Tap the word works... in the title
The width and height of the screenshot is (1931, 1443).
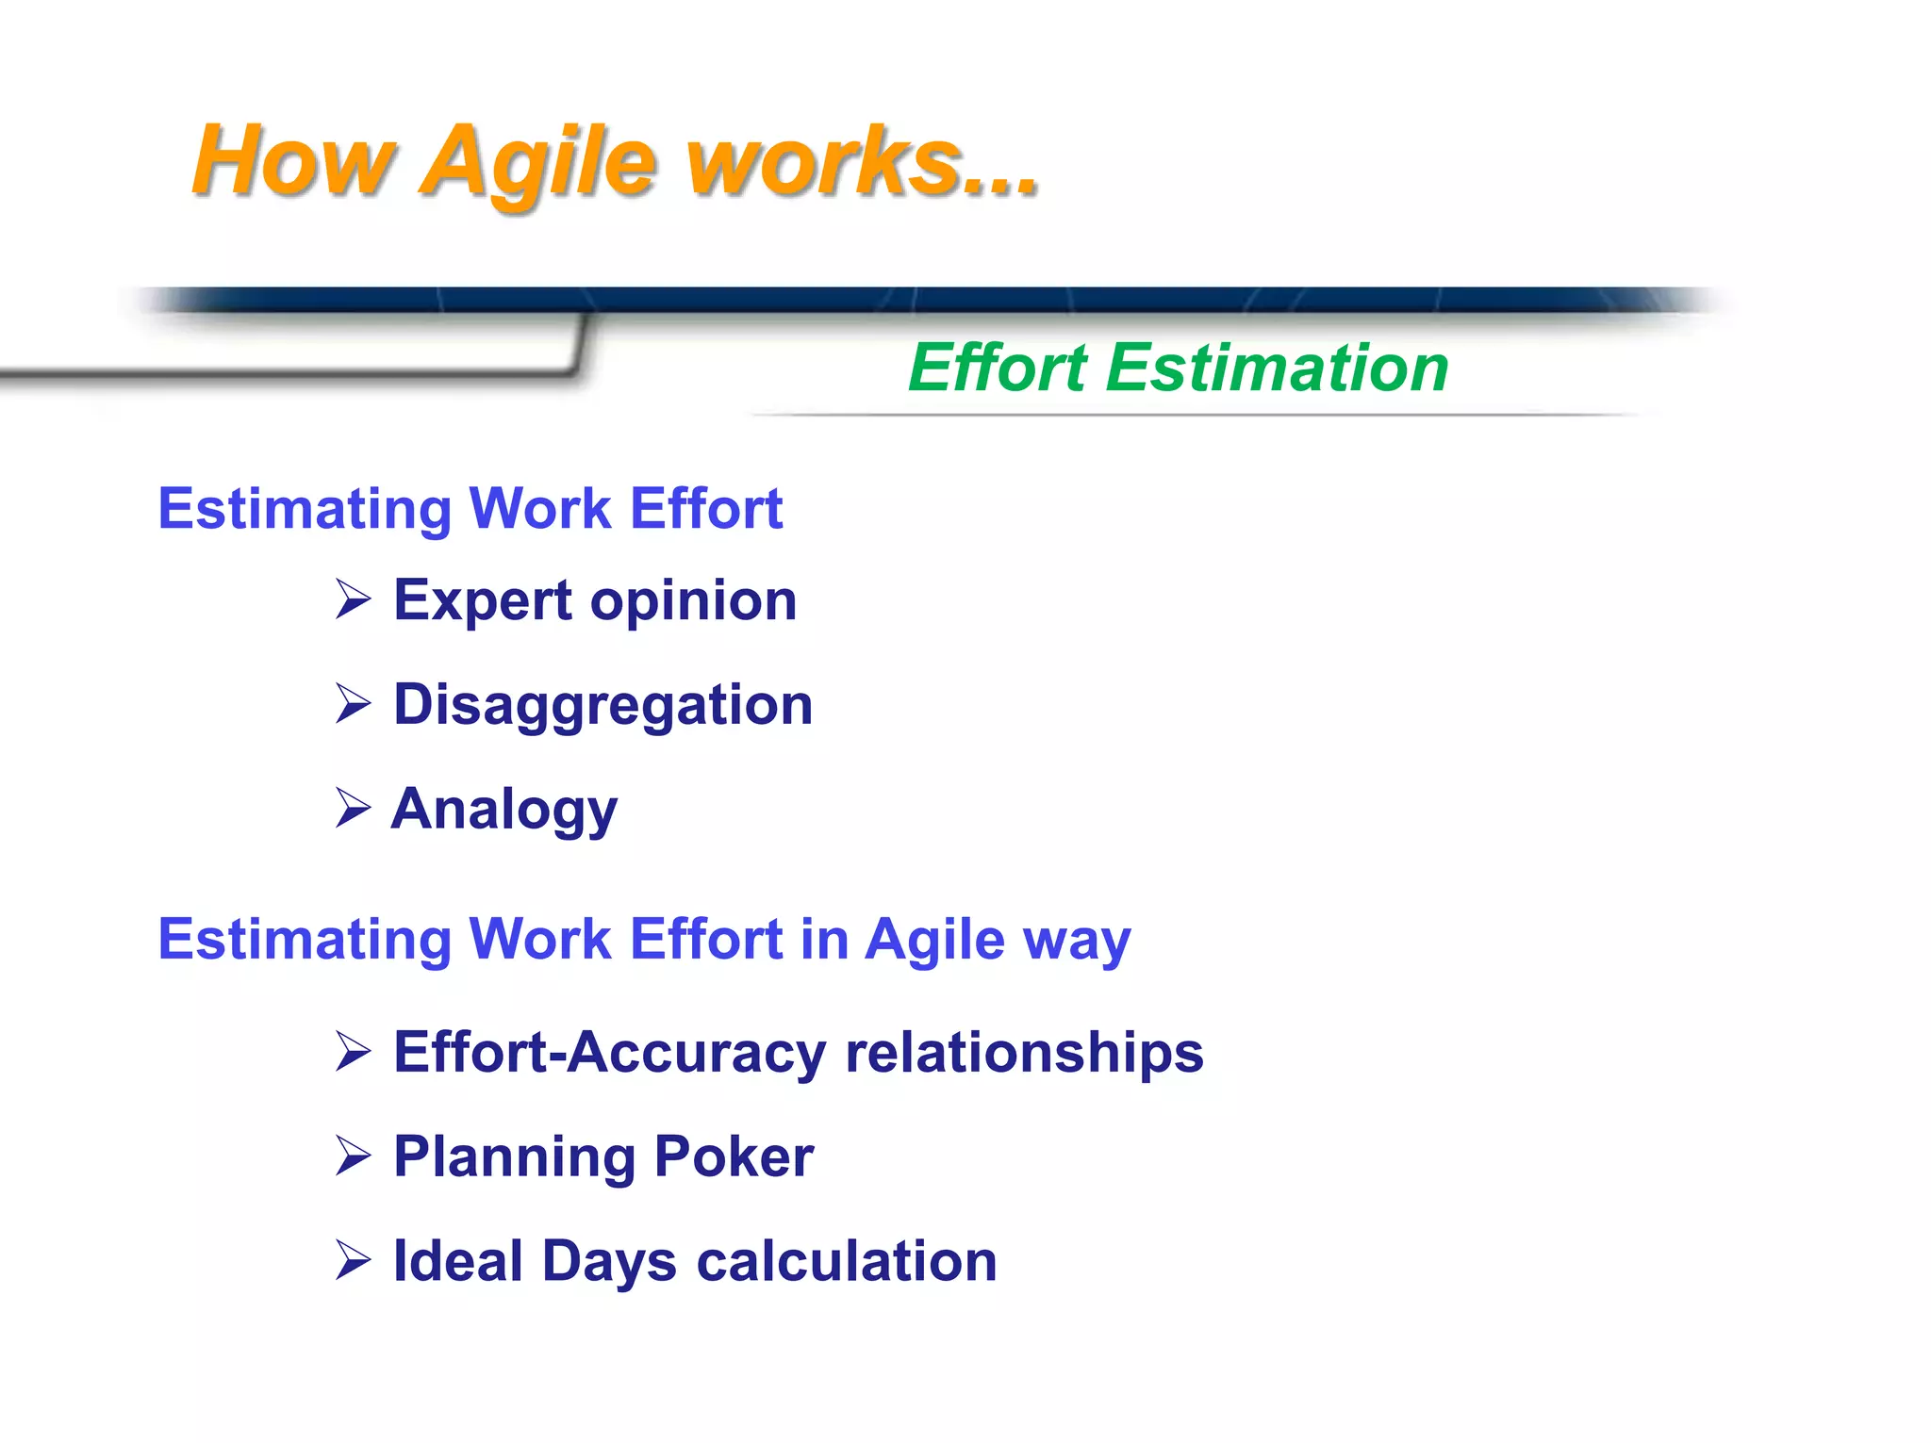tap(863, 162)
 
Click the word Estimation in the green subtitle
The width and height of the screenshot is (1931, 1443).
tap(1277, 368)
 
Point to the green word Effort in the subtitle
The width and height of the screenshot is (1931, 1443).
tap(998, 368)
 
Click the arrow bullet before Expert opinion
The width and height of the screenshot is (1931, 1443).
tap(353, 599)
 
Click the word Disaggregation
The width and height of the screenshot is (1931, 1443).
tap(602, 706)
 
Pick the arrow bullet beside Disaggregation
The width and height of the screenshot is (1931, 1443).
tap(353, 704)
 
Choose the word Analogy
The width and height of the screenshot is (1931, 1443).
tap(504, 811)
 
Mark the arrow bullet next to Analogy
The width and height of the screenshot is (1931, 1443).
tap(353, 809)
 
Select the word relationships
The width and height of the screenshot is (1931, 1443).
tap(1024, 1052)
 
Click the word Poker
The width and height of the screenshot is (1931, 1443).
tap(733, 1156)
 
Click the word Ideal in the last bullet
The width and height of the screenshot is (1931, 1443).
tap(457, 1261)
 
